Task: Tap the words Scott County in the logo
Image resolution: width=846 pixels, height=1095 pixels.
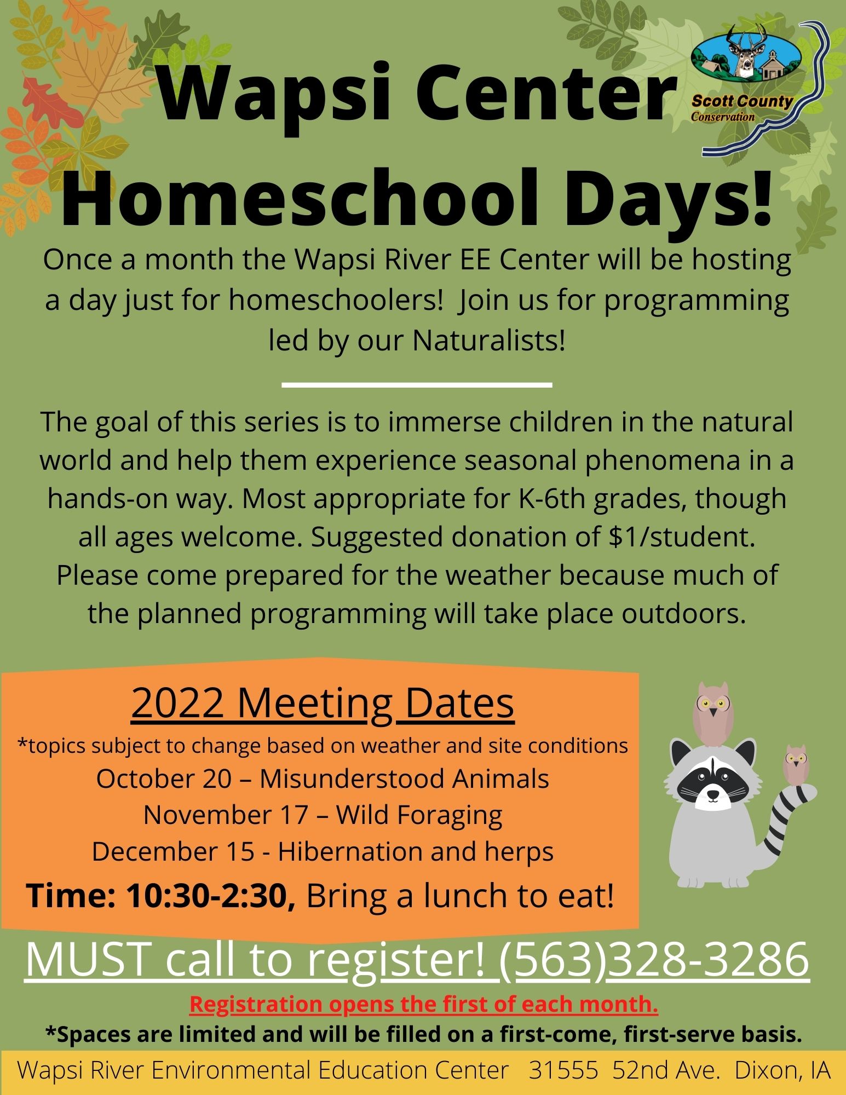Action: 742,101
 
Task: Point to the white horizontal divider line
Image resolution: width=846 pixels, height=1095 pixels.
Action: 417,385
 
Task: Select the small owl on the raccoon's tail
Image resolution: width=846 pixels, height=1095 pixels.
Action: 797,763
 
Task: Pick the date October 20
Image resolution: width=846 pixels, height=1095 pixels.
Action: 164,779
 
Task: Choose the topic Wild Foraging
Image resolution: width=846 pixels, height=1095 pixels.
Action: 419,815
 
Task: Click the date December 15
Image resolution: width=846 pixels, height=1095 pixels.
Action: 173,851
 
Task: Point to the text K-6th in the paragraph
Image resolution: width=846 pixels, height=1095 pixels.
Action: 525,499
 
